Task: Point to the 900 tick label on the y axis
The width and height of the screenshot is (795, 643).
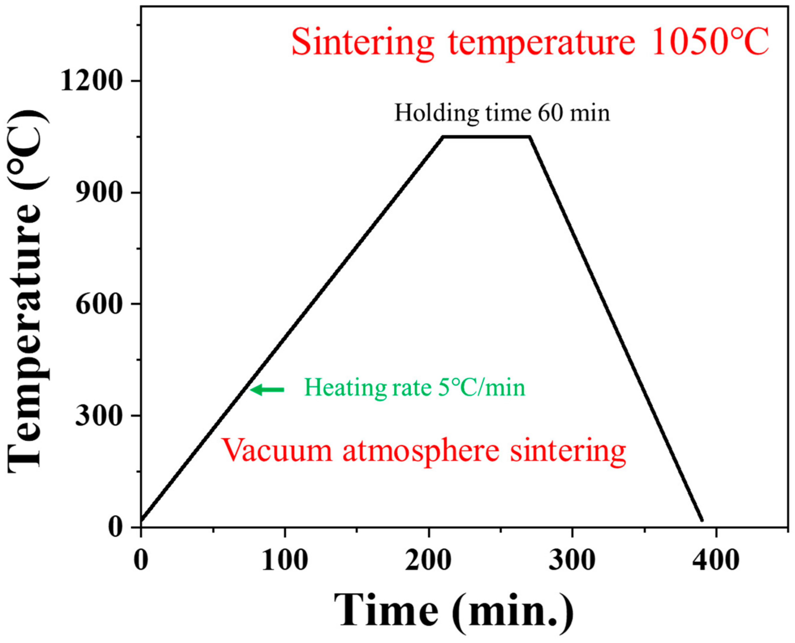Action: click(x=98, y=193)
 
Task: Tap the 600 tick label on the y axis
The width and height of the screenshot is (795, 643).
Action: click(x=98, y=304)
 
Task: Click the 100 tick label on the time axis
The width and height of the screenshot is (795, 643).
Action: click(x=285, y=560)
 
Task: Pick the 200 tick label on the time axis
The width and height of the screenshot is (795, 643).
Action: click(x=428, y=560)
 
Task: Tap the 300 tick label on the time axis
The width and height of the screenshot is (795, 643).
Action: click(x=572, y=560)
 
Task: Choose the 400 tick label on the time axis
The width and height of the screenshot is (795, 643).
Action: click(x=716, y=560)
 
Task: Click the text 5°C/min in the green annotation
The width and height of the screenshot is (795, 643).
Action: click(x=481, y=388)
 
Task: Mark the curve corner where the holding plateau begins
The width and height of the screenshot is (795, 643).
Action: click(x=443, y=137)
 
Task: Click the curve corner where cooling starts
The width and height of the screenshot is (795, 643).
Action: click(x=530, y=137)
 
